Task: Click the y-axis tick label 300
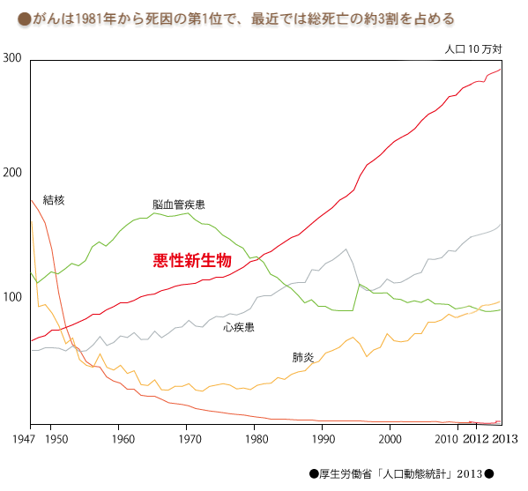12,57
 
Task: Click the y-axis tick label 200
12,174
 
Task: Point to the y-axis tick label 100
12,297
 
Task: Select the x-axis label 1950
56,438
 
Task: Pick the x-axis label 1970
189,438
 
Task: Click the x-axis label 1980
256,438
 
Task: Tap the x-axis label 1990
323,438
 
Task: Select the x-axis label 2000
389,438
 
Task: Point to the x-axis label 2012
480,438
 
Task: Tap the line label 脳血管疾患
178,205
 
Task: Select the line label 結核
54,200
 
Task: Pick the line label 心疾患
239,327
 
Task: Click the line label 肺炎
303,357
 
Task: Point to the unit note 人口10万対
472,49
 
